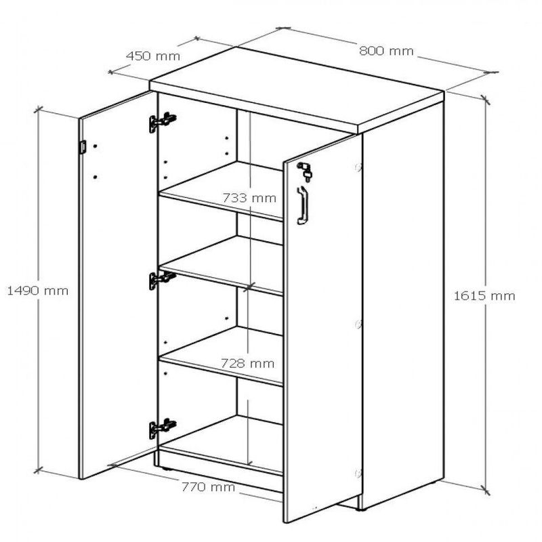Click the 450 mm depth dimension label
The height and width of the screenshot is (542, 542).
(153, 56)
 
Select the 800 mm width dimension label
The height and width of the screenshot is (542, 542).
(386, 51)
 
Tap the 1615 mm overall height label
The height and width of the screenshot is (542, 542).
(484, 296)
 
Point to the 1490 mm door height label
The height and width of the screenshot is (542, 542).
(38, 291)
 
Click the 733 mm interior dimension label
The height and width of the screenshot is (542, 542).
(249, 198)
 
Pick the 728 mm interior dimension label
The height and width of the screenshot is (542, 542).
(247, 363)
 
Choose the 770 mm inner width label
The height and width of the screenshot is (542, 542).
(209, 487)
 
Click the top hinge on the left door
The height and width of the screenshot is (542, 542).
(163, 122)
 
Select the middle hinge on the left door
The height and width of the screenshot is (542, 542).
(163, 280)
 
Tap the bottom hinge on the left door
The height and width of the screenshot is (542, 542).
(163, 429)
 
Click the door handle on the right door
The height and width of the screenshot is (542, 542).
(302, 205)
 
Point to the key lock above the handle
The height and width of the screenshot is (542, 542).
(305, 171)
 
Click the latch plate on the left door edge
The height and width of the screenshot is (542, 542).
(82, 146)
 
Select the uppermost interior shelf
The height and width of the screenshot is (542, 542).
(222, 190)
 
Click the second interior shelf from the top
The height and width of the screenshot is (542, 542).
(222, 264)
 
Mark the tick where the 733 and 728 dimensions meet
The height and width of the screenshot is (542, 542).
(249, 287)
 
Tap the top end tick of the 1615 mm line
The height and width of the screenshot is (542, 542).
(485, 99)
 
